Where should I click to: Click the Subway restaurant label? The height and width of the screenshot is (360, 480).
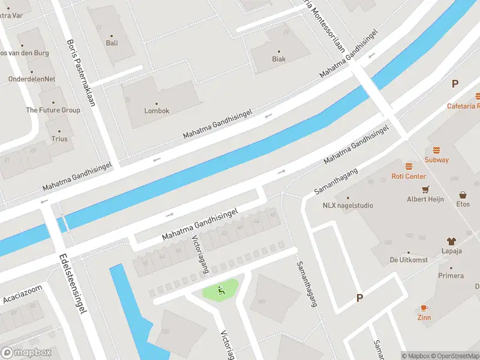[x=436, y=160]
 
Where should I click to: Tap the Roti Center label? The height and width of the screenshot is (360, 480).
[x=409, y=176]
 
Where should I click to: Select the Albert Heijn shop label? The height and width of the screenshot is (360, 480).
[x=425, y=199]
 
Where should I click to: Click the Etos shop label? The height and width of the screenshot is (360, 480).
[x=463, y=205]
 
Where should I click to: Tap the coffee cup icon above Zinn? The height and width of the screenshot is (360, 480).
[x=424, y=307]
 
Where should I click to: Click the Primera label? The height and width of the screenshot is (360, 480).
[x=451, y=276]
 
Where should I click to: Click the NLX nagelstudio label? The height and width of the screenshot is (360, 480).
[x=347, y=205]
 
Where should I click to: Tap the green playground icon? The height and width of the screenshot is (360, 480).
[x=221, y=291]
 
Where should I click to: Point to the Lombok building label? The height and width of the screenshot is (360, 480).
[x=157, y=111]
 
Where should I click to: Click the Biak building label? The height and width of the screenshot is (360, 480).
[x=278, y=59]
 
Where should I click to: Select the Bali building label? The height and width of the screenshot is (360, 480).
[x=112, y=43]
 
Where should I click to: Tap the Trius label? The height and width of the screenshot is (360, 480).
[x=59, y=139]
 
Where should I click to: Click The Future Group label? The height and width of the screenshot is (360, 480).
[x=53, y=110]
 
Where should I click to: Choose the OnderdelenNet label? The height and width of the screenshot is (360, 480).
[x=32, y=79]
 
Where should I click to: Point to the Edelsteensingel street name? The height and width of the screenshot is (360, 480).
[x=74, y=283]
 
